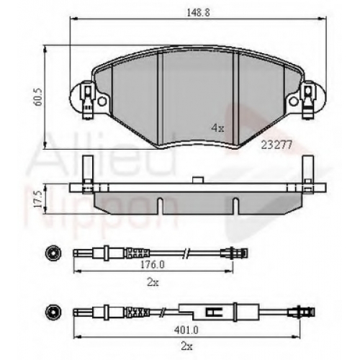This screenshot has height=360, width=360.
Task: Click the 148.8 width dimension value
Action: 198,12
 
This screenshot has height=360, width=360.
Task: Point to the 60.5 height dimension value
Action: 39,96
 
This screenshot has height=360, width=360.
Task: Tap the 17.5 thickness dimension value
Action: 38,199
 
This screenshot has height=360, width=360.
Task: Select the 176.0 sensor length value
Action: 153,265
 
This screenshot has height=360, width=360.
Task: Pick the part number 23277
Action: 276,145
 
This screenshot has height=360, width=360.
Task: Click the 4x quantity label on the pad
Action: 217,128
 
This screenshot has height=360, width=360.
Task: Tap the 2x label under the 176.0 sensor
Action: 153,283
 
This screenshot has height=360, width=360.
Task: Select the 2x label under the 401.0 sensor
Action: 186,346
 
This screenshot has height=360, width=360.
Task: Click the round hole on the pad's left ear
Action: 102,102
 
